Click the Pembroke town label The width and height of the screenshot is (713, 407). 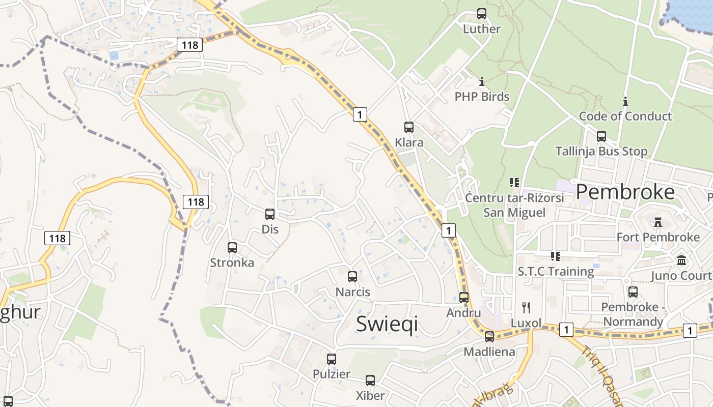625,192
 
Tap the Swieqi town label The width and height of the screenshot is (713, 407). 387,324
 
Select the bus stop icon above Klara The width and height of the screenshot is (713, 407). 409,127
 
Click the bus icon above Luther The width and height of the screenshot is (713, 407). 482,14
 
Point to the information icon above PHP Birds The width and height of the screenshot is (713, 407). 482,81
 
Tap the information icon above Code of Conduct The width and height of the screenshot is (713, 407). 625,101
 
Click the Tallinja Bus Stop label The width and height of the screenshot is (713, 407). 601,151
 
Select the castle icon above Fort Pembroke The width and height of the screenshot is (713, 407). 658,222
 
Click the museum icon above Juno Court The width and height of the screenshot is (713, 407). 681,260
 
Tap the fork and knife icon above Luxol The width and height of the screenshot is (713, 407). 526,307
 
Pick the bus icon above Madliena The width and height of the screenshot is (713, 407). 489,336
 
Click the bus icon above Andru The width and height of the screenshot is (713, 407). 464,298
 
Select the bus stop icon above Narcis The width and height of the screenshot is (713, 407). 352,277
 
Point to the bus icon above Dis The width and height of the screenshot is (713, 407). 270,214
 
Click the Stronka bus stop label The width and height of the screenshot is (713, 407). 232,263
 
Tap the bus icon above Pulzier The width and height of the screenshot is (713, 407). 332,359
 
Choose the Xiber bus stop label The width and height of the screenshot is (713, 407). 370,395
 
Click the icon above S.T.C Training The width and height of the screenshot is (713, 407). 556,256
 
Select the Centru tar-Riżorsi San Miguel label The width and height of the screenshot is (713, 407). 514,205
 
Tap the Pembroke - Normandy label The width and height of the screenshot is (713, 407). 633,314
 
